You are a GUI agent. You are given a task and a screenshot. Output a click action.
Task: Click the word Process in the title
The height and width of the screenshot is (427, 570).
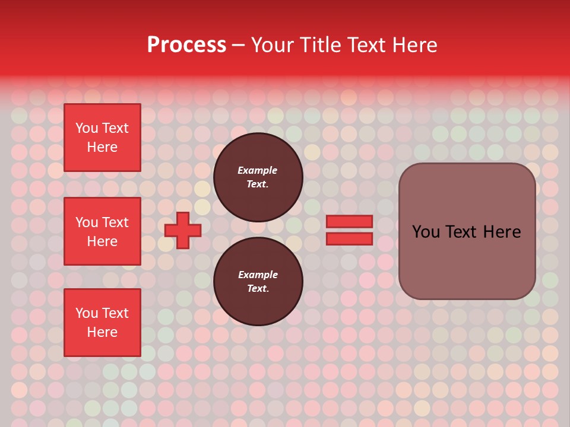pyautogui.click(x=186, y=45)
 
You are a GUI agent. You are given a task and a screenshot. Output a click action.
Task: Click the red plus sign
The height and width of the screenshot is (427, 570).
pyautogui.click(x=183, y=230)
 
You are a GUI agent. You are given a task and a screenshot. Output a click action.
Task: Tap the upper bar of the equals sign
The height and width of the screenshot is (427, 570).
pyautogui.click(x=350, y=221)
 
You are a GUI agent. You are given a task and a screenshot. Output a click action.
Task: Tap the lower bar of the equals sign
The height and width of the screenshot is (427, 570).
pyautogui.click(x=350, y=238)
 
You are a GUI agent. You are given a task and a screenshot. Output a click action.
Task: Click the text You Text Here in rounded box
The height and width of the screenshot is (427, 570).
pyautogui.click(x=467, y=232)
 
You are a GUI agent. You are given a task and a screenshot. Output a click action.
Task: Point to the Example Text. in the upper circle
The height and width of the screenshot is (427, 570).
pyautogui.click(x=258, y=177)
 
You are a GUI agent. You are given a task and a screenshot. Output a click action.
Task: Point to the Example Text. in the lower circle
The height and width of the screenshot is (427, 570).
pyautogui.click(x=258, y=281)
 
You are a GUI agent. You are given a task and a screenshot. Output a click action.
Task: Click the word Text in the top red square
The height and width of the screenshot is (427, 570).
pyautogui.click(x=115, y=128)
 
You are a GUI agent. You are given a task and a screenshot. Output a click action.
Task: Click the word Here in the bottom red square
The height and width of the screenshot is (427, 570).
pyautogui.click(x=102, y=332)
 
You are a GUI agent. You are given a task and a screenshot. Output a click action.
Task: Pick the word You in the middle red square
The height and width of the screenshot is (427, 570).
pyautogui.click(x=87, y=222)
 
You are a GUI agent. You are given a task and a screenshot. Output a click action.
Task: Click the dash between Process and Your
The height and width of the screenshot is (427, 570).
pyautogui.click(x=238, y=46)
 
